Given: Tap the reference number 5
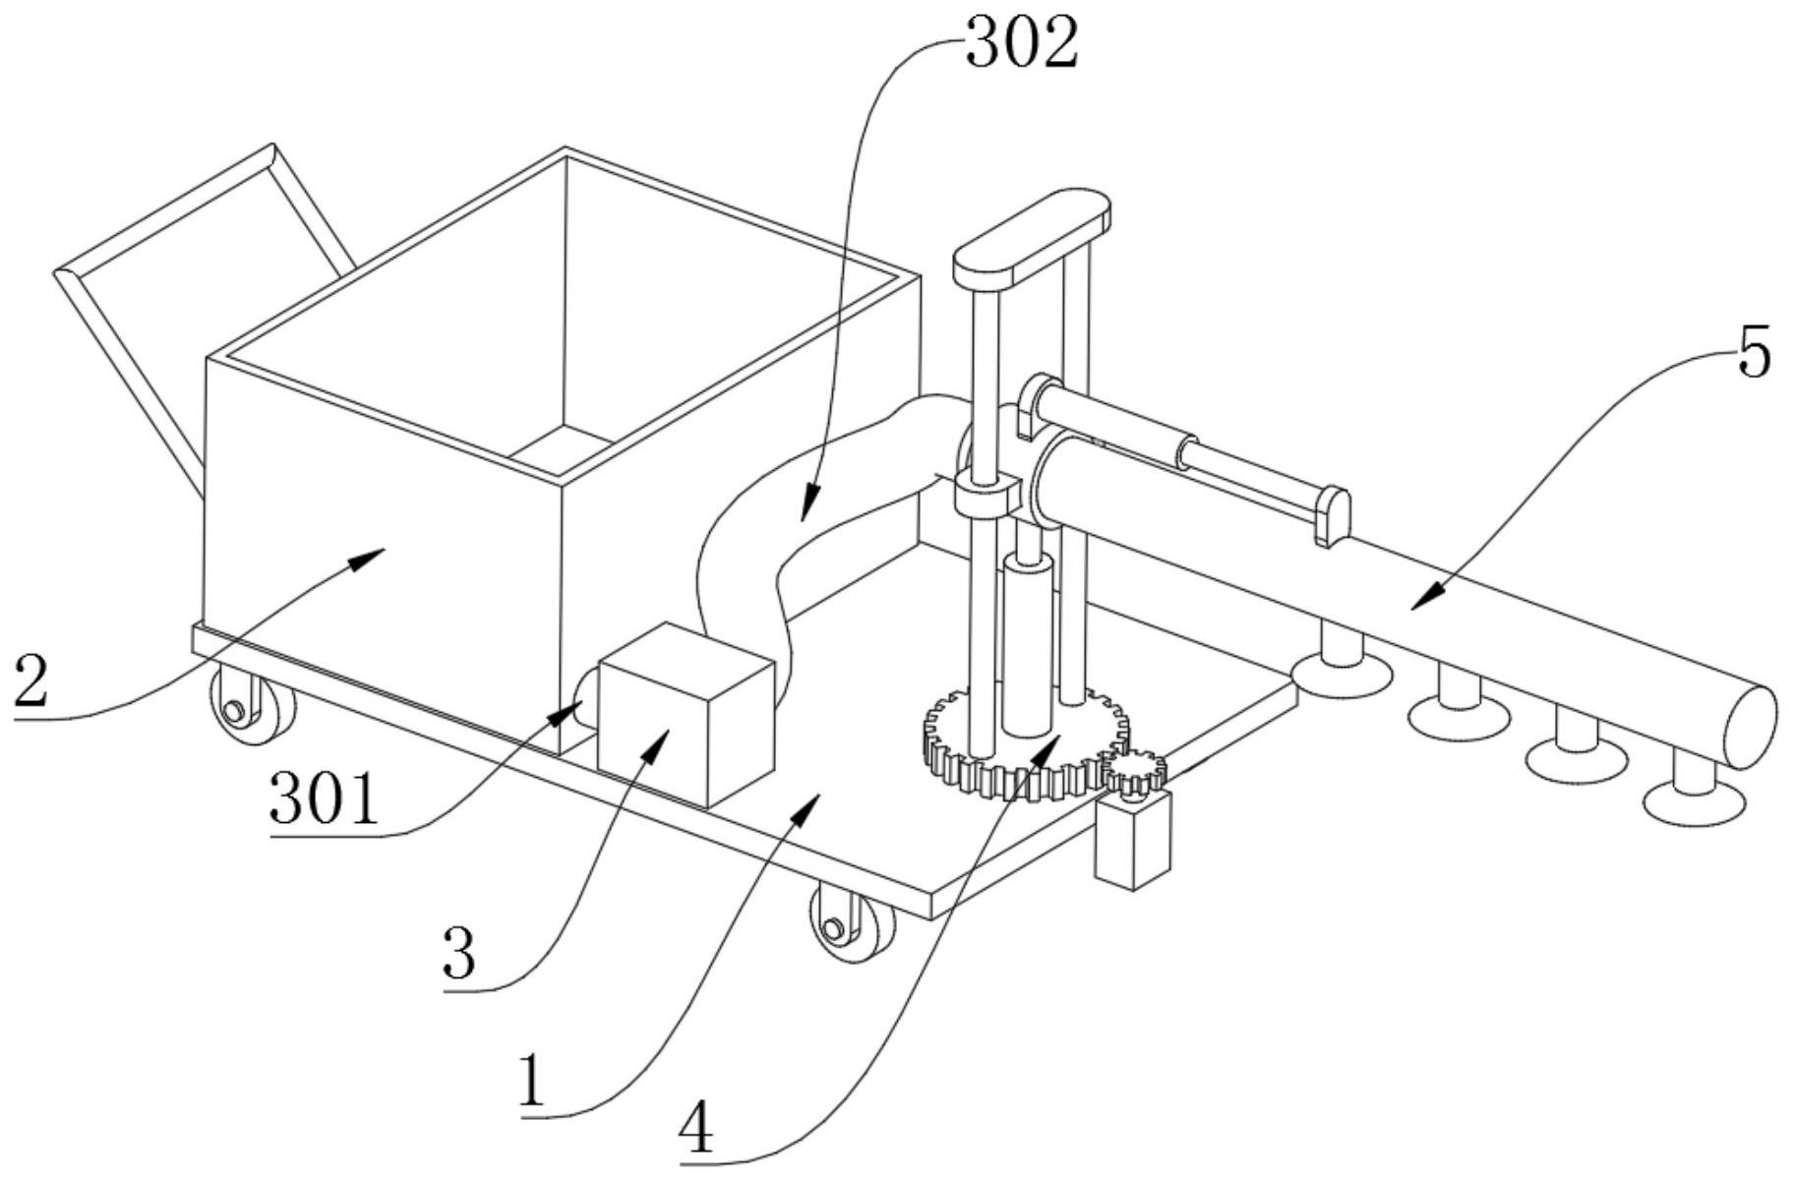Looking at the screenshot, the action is [x=1754, y=353].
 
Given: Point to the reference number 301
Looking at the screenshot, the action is [x=324, y=798].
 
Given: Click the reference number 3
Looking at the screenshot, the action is [x=459, y=953].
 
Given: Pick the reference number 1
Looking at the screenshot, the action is [x=532, y=1081].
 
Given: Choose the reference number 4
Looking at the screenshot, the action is [x=696, y=1130].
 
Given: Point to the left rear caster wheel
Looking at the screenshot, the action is [x=252, y=706].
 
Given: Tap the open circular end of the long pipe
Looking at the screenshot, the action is [x=1751, y=728].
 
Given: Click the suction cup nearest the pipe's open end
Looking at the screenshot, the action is [x=1694, y=791].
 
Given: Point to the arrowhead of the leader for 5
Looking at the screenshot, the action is [x=1430, y=595].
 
